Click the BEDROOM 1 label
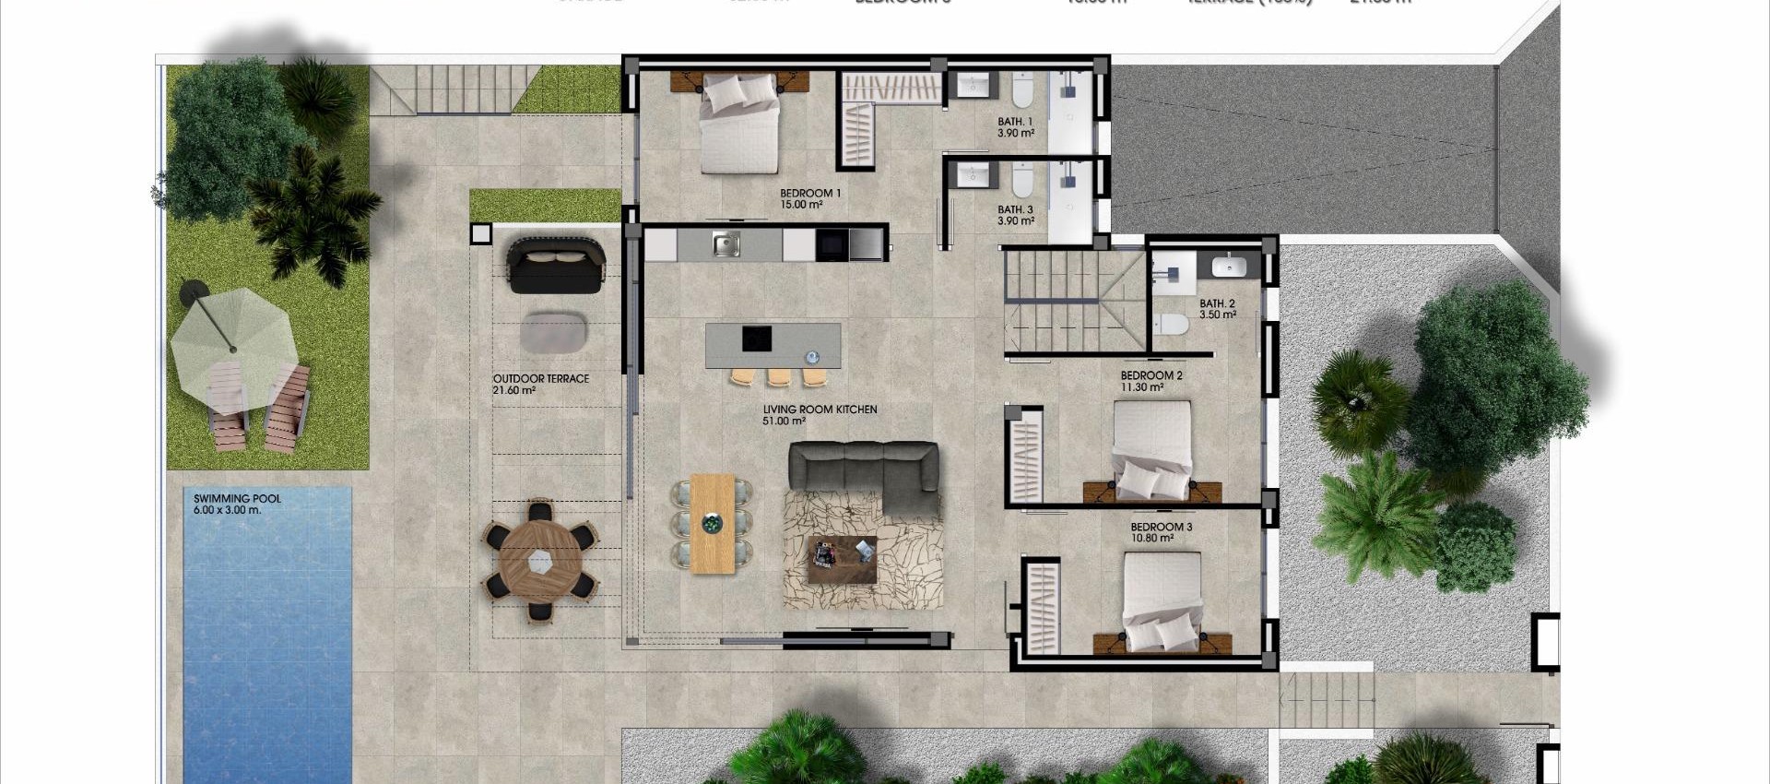tap(810, 194)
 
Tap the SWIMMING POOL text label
tap(237, 499)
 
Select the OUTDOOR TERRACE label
tap(541, 379)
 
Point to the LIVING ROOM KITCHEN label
tap(820, 410)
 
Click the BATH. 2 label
tap(1217, 303)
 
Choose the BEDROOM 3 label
tap(1162, 528)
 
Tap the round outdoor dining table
tap(540, 560)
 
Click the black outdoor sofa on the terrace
tap(556, 265)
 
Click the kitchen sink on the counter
tap(726, 244)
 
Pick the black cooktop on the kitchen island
tap(757, 339)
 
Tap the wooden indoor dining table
tap(713, 524)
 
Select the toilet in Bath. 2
tap(1172, 325)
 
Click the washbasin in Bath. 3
tap(971, 174)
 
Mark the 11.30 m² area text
tap(1141, 388)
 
